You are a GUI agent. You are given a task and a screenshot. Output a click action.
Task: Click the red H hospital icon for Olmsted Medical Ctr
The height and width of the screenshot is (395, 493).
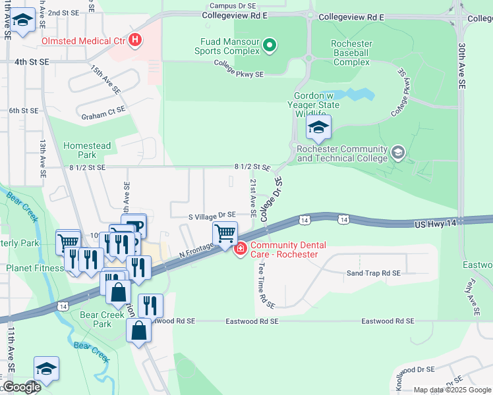tap(135, 41)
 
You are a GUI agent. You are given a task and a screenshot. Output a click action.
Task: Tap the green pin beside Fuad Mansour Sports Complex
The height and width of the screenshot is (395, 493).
tap(269, 45)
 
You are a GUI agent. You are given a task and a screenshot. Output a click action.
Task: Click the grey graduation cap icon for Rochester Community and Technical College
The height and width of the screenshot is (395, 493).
tap(397, 153)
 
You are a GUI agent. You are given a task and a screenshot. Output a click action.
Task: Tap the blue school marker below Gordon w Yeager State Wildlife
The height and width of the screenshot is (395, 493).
tap(318, 128)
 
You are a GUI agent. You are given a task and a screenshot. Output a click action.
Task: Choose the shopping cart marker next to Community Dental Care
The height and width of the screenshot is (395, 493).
tap(225, 234)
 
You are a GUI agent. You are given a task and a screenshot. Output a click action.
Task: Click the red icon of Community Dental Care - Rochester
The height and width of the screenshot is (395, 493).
tap(241, 249)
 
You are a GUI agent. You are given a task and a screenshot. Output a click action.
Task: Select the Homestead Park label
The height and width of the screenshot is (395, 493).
tap(80, 150)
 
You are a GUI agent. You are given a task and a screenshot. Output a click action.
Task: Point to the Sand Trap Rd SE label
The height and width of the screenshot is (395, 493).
tap(374, 273)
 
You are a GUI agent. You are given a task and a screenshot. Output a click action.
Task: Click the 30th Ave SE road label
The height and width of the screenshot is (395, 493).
tap(461, 66)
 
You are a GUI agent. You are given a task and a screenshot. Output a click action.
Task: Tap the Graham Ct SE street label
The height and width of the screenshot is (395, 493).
tap(103, 117)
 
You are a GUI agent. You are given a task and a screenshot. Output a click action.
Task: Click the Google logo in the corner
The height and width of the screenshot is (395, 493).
tap(21, 387)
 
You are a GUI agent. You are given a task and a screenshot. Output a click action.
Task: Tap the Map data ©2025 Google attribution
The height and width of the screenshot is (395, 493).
tap(451, 390)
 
